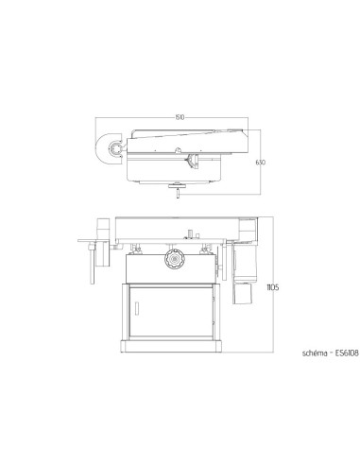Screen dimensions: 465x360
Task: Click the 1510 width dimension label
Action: (x=180, y=117)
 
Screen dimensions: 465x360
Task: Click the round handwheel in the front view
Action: (x=172, y=259)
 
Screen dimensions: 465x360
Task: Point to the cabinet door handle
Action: (x=139, y=307)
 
